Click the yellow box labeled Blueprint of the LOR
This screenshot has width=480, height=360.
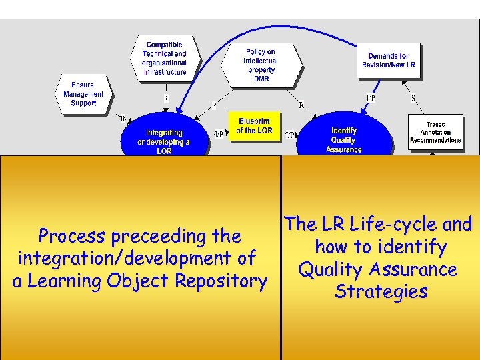point(255,126)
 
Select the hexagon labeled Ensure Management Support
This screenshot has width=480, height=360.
point(83,94)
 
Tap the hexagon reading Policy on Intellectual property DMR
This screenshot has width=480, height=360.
point(261,65)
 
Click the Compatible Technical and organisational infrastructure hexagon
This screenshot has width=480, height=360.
point(164,58)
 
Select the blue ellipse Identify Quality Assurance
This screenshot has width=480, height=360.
point(344,138)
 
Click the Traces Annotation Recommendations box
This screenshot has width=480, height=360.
point(435,132)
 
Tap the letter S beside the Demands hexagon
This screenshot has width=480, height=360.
point(413,98)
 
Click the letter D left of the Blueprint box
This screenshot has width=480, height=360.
point(214,105)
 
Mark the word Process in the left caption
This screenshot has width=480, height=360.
point(73,236)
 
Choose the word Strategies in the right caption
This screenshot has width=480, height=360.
point(381,292)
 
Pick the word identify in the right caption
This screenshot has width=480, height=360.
point(410,247)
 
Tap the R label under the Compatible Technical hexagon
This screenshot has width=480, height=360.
point(166,99)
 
